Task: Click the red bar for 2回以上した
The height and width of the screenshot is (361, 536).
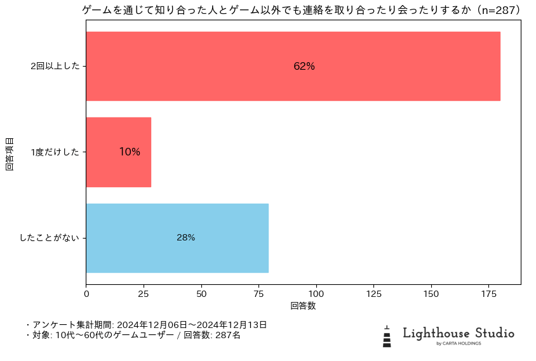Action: [293, 66]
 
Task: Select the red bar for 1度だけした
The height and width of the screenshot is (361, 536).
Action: [118, 152]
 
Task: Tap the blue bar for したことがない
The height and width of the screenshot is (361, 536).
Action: [177, 238]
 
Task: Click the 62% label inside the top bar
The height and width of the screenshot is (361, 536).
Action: [304, 66]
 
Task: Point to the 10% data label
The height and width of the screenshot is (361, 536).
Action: [130, 152]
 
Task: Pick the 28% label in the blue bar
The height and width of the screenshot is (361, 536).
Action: [186, 238]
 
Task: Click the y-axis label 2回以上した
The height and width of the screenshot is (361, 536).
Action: [55, 66]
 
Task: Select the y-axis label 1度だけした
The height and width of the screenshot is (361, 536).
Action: [55, 152]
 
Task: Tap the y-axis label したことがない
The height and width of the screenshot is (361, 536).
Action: [50, 238]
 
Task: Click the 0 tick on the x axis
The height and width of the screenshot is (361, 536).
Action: [86, 294]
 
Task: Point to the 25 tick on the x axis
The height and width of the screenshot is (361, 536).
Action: [144, 294]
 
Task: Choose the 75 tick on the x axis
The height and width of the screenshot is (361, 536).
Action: [259, 294]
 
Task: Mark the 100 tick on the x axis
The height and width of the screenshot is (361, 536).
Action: [316, 294]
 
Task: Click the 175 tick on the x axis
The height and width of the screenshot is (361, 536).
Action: [489, 294]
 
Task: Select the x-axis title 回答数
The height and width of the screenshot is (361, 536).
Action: [303, 306]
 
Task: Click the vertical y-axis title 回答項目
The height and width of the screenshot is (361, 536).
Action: [10, 152]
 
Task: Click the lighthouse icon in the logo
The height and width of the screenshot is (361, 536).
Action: [387, 336]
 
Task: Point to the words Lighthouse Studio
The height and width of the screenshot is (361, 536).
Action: [459, 333]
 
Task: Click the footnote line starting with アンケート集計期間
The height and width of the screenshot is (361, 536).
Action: [146, 325]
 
